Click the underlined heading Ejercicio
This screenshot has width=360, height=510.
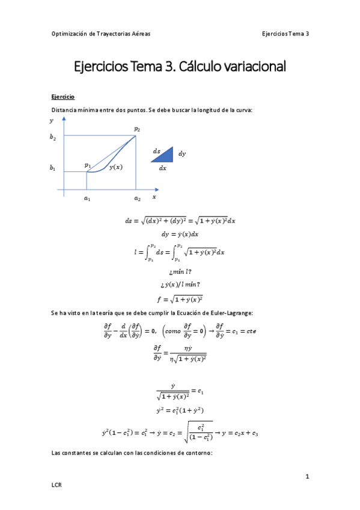pyautogui.click(x=63, y=96)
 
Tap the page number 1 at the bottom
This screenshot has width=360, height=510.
pyautogui.click(x=307, y=476)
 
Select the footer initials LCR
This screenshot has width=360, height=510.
pyautogui.click(x=56, y=484)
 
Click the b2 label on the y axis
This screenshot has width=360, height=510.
pyautogui.click(x=53, y=137)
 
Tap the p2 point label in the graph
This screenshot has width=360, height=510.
pyautogui.click(x=137, y=129)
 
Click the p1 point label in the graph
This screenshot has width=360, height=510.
pyautogui.click(x=88, y=164)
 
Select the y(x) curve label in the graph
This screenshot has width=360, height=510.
pyautogui.click(x=115, y=167)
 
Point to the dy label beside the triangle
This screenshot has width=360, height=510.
pyautogui.click(x=182, y=154)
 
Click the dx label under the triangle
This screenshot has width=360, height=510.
pyautogui.click(x=162, y=168)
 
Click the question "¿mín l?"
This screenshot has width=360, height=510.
pyautogui.click(x=181, y=272)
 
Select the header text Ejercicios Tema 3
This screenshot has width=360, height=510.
pyautogui.click(x=285, y=34)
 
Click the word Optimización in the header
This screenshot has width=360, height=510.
pyautogui.click(x=69, y=34)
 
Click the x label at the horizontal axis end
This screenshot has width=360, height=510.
pyautogui.click(x=154, y=197)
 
